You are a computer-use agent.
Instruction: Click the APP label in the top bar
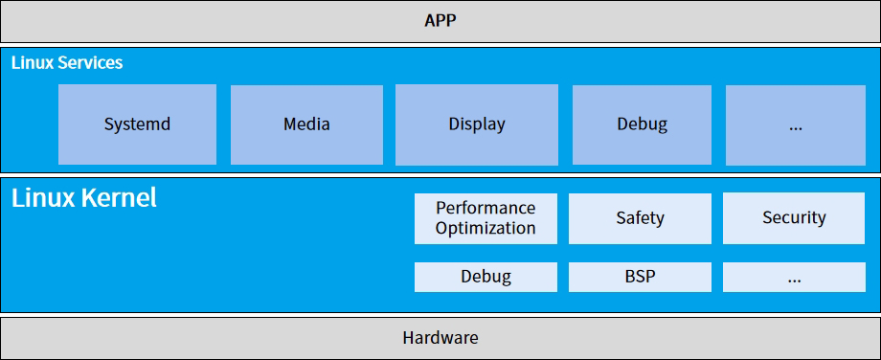(440, 21)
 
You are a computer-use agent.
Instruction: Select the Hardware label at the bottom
(440, 338)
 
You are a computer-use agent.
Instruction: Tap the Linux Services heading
(67, 62)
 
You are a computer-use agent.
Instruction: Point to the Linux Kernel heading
(83, 197)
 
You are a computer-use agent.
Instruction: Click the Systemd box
(137, 124)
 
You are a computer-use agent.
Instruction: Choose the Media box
(306, 124)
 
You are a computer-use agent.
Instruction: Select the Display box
(477, 124)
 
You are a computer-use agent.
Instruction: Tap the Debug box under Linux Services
(642, 124)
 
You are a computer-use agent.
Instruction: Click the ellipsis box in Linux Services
(796, 124)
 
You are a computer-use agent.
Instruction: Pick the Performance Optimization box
(486, 218)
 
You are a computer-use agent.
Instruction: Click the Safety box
(640, 218)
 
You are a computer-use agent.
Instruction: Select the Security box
(794, 218)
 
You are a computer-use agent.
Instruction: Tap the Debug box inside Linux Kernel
(486, 277)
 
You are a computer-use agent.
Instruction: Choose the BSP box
(640, 277)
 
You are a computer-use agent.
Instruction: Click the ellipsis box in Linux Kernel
(794, 277)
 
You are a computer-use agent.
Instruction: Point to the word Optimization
(486, 229)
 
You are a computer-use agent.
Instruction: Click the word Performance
(486, 208)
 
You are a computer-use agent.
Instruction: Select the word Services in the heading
(90, 62)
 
